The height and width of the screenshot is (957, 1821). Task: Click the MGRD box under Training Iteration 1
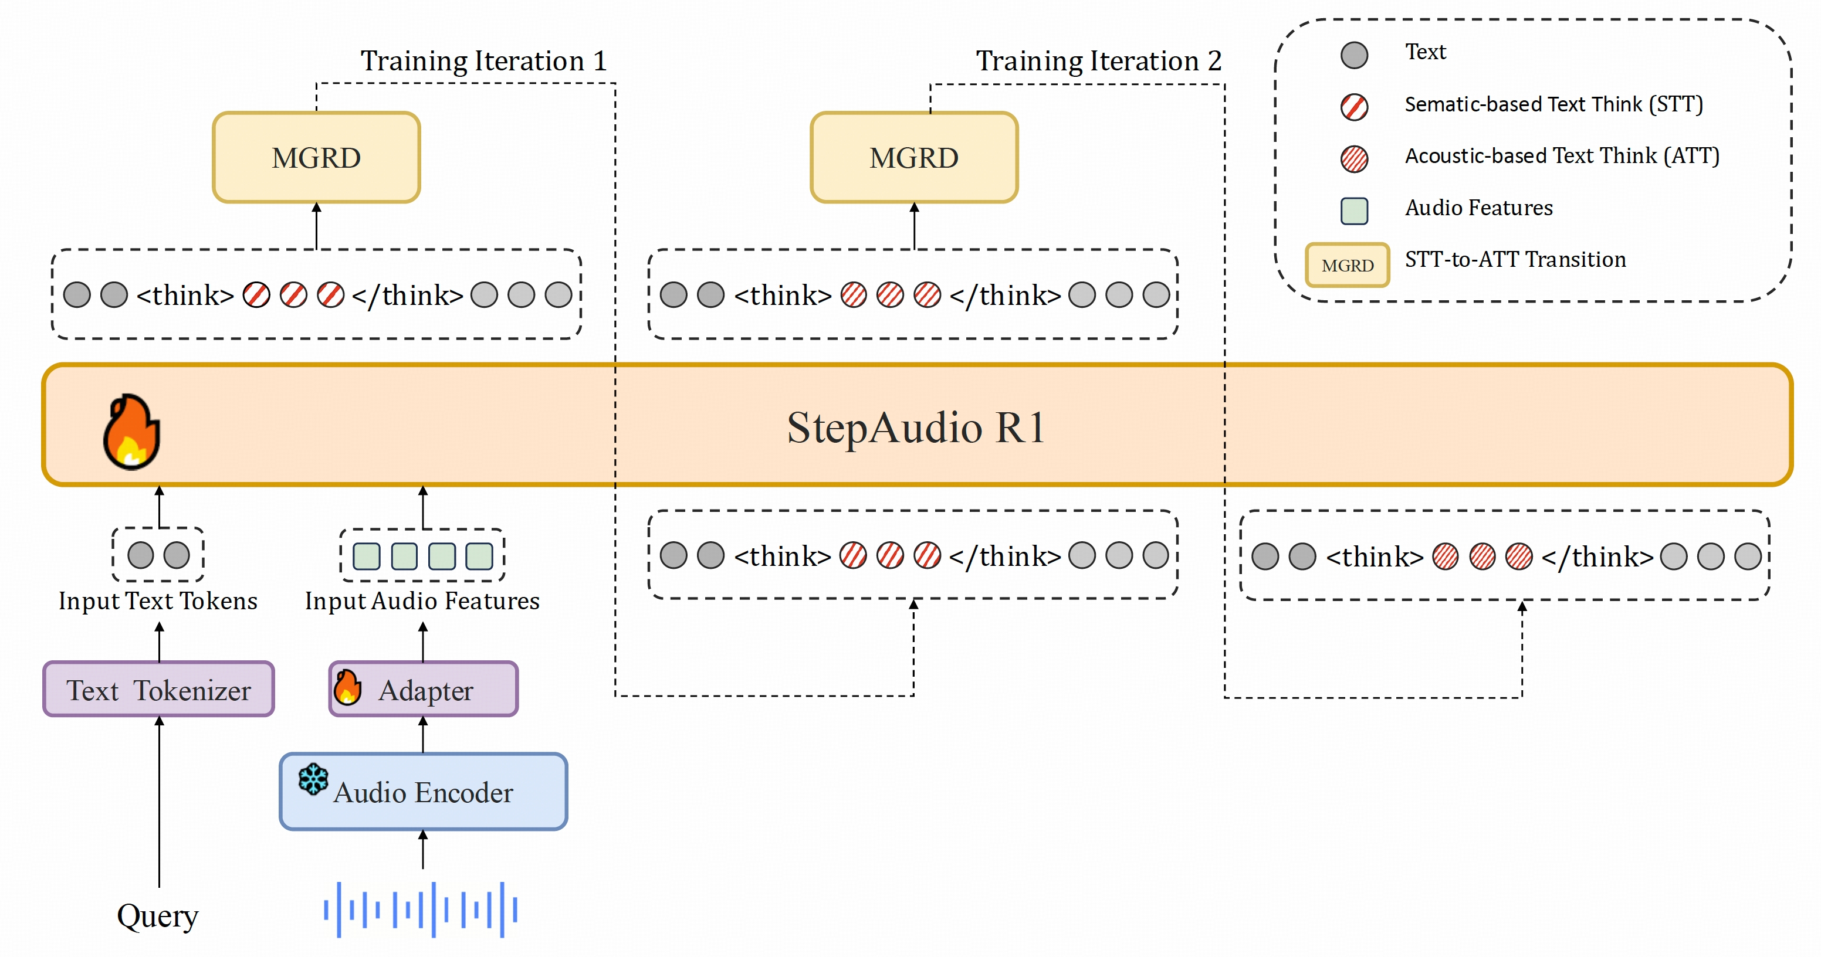click(x=316, y=158)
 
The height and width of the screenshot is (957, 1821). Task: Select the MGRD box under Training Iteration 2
click(x=914, y=158)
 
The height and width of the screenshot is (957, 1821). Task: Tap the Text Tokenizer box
click(x=158, y=690)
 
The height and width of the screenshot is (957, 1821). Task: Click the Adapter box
click(x=424, y=690)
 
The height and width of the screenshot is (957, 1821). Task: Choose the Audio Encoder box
click(x=424, y=792)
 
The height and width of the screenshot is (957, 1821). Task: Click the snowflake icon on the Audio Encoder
click(x=313, y=779)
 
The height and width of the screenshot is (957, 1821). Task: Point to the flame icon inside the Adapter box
click(x=347, y=688)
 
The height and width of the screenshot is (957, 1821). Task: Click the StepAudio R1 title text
click(x=916, y=427)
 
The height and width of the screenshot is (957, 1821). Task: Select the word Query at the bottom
click(x=158, y=916)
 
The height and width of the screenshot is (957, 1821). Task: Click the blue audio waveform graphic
click(x=421, y=910)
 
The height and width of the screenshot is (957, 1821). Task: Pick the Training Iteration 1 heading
click(x=483, y=61)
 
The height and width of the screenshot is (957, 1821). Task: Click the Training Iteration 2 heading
click(x=1099, y=61)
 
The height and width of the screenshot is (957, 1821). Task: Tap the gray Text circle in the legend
click(x=1354, y=55)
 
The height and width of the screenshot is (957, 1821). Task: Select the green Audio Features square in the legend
click(x=1354, y=211)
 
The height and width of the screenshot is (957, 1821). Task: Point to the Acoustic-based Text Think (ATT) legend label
click(x=1562, y=155)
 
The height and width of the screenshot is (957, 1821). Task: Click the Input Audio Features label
click(x=422, y=601)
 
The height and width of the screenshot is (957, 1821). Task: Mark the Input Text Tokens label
click(x=158, y=601)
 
